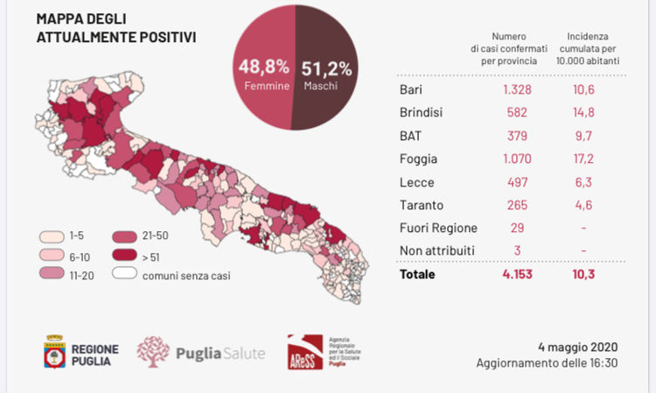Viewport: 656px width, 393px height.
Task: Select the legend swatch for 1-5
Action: (x=51, y=237)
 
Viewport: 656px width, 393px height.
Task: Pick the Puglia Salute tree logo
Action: (x=152, y=351)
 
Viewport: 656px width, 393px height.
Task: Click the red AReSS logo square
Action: (x=304, y=352)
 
